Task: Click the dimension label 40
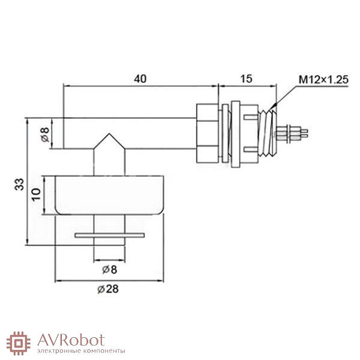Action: pos(140,79)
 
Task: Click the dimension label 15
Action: pos(246,79)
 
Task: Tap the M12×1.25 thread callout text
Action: pos(323,80)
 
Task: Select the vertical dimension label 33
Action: pos(19,184)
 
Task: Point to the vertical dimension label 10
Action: pos(36,194)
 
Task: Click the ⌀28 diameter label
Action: pos(108,289)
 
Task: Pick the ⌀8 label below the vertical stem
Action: pos(110,269)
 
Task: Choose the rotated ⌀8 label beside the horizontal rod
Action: pos(45,135)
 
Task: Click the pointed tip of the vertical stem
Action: pos(110,134)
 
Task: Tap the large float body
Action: pos(110,195)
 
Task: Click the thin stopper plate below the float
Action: pos(110,235)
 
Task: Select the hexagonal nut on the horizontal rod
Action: pos(208,133)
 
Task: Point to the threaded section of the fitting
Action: pos(267,133)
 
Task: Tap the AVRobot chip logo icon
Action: pos(18,343)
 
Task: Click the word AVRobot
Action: pos(71,340)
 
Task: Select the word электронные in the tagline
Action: pos(59,351)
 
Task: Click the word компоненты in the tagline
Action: pos(104,351)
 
